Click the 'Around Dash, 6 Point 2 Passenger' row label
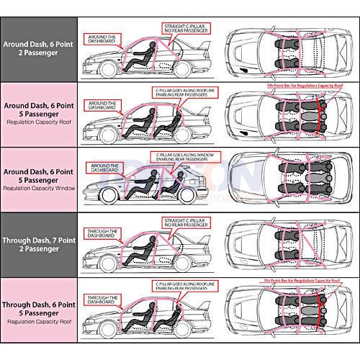point(37,48)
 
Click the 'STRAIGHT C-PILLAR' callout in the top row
point(184,29)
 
